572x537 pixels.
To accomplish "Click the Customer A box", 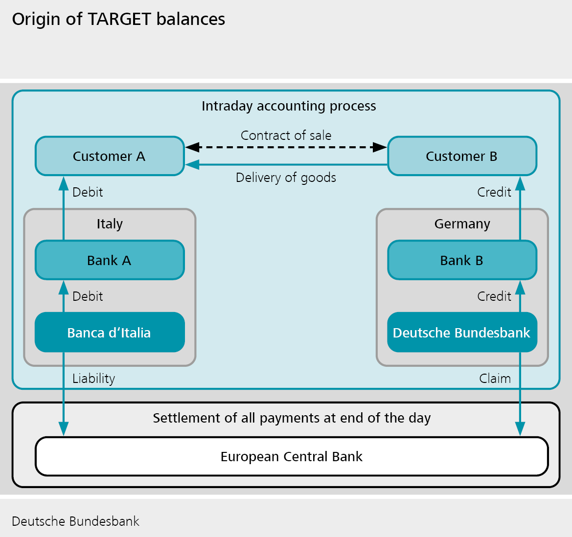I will click(x=110, y=156).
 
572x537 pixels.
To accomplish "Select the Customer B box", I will click(x=462, y=156).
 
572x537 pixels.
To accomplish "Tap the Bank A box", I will click(x=110, y=260).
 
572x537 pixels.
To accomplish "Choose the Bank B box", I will click(x=462, y=260).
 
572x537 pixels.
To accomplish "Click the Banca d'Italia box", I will click(x=110, y=333).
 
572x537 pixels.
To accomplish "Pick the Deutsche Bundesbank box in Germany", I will click(x=462, y=333).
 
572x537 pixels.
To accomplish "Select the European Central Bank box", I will click(x=292, y=456).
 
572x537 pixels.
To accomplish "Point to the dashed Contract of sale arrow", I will click(x=286, y=147).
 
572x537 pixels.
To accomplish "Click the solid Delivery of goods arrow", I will click(x=286, y=165).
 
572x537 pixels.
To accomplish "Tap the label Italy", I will click(x=110, y=224).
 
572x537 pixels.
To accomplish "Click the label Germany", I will click(x=462, y=224).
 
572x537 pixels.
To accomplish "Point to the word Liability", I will click(x=93, y=379).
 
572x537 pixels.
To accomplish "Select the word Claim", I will click(x=495, y=379).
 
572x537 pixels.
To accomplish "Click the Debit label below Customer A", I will click(x=88, y=192).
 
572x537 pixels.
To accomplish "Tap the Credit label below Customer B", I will click(x=494, y=192).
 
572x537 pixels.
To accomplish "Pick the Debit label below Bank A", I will click(x=88, y=296).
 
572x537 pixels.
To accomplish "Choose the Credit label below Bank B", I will click(x=494, y=296).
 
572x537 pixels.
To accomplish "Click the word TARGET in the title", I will click(x=119, y=19).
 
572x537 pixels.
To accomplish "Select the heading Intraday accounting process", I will click(x=289, y=106).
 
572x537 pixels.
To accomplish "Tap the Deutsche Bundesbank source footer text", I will click(x=75, y=521).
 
